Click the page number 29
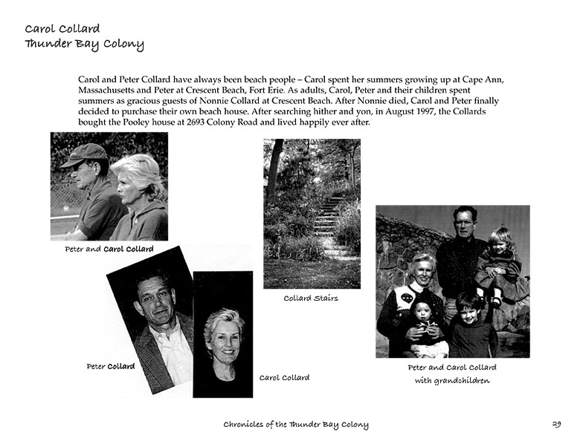(x=556, y=425)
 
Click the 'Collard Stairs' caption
(x=311, y=298)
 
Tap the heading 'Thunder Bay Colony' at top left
(x=84, y=44)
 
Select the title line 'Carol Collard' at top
(x=62, y=29)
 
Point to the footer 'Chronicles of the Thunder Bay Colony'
(x=296, y=425)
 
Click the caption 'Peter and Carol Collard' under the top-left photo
(x=109, y=249)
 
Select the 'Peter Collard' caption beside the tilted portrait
(x=110, y=366)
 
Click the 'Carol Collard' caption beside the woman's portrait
(x=284, y=378)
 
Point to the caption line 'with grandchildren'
(x=452, y=381)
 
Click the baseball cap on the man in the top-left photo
(x=83, y=154)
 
